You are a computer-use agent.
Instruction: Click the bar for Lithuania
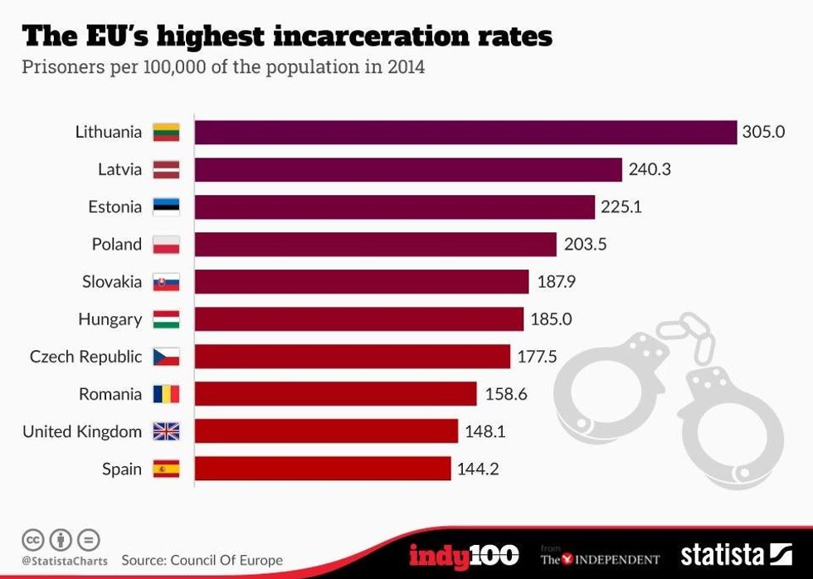[x=465, y=132]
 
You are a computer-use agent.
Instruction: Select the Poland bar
[x=375, y=245]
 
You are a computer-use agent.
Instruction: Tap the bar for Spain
[x=323, y=469]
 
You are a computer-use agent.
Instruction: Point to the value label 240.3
[x=650, y=169]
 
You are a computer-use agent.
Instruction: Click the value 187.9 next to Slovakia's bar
[x=556, y=282]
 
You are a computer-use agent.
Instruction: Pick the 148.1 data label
[x=484, y=431]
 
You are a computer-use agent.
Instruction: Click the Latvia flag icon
[x=166, y=170]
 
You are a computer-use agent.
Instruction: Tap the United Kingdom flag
[x=166, y=431]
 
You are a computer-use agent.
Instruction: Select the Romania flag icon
[x=166, y=394]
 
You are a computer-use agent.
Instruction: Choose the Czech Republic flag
[x=166, y=357]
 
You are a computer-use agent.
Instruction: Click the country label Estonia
[x=114, y=207]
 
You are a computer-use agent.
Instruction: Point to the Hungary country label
[x=110, y=319]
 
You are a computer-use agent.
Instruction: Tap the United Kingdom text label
[x=82, y=431]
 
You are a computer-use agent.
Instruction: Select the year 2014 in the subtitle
[x=406, y=67]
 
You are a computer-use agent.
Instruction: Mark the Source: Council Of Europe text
[x=202, y=561]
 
